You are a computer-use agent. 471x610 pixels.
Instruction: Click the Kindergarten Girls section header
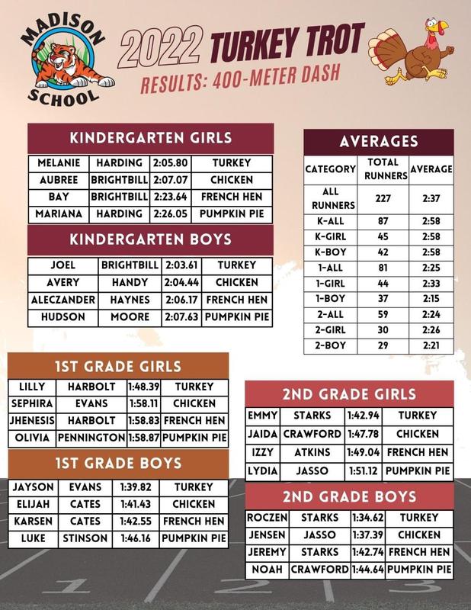[150, 138]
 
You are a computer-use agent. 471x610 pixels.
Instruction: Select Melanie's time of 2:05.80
[170, 163]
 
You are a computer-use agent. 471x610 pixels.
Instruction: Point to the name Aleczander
[63, 300]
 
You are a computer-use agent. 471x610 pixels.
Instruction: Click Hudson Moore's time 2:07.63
[181, 317]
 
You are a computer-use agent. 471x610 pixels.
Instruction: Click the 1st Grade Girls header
[117, 365]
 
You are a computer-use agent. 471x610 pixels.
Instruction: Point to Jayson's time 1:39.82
[136, 487]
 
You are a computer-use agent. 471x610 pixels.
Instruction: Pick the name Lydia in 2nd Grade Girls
[263, 470]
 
